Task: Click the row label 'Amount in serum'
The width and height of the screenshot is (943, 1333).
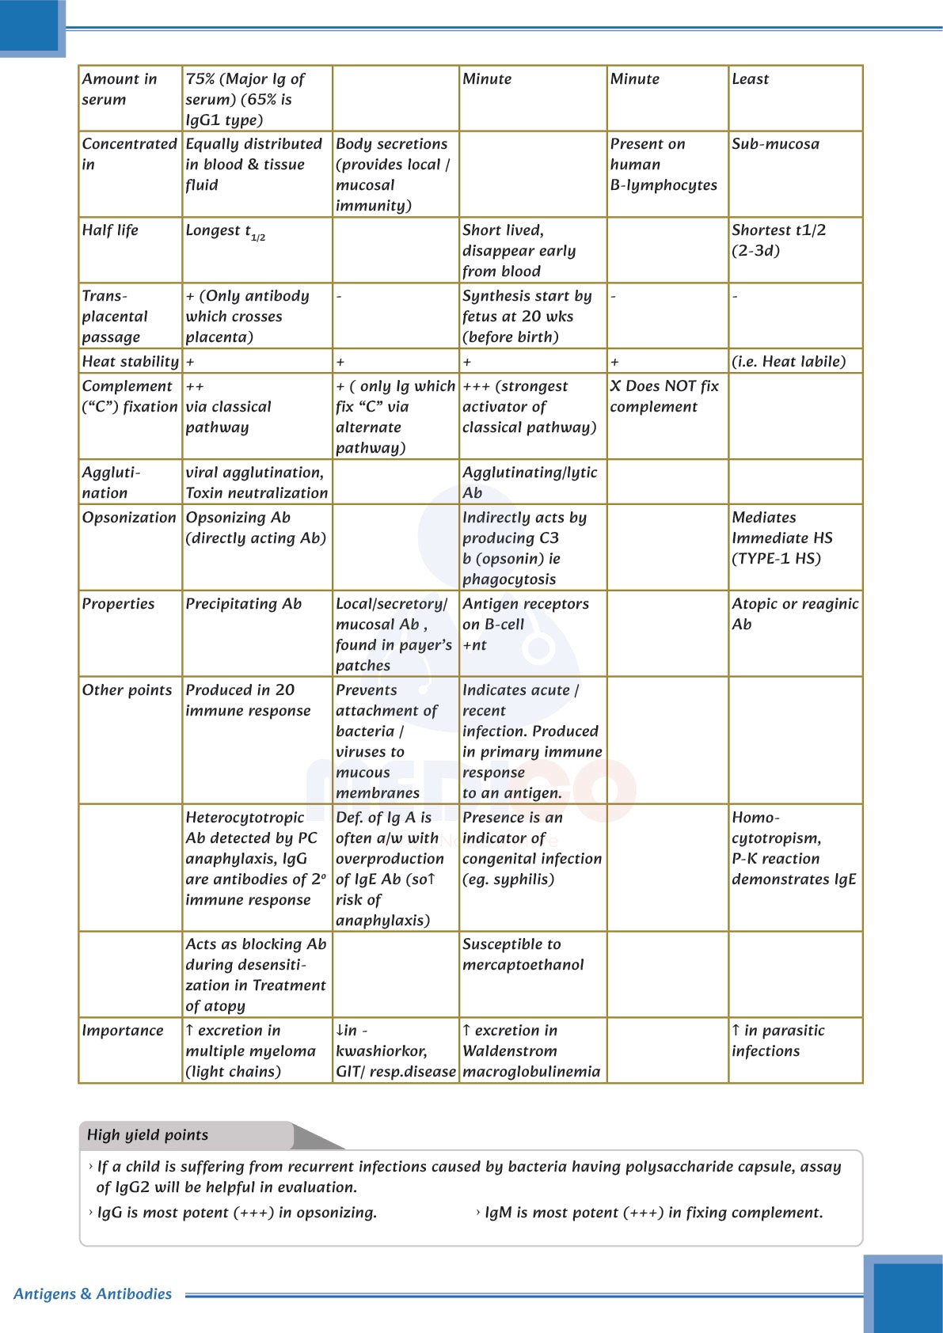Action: click(x=120, y=89)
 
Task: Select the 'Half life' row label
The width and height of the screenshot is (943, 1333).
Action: click(x=110, y=230)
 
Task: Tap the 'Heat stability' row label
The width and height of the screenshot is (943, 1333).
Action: click(x=131, y=362)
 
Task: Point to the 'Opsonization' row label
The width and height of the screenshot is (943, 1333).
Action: click(x=129, y=518)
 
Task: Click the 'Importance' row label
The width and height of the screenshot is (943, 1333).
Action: click(x=123, y=1031)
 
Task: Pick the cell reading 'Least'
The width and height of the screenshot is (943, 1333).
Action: click(x=750, y=79)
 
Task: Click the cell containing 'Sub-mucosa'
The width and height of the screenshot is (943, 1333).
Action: click(x=775, y=144)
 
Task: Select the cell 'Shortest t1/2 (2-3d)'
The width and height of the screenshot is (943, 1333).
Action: click(x=778, y=241)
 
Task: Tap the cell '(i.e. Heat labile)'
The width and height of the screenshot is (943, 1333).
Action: click(x=789, y=362)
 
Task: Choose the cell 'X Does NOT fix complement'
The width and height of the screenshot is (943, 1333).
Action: click(x=664, y=397)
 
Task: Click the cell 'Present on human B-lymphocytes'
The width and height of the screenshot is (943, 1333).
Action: click(x=664, y=165)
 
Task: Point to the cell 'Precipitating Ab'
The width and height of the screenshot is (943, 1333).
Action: click(x=244, y=604)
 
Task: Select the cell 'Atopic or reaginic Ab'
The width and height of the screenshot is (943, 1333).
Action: click(x=794, y=614)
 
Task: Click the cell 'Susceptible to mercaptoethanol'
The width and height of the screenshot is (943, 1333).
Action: click(x=523, y=955)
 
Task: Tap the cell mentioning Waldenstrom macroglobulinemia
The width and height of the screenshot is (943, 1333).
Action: click(x=531, y=1051)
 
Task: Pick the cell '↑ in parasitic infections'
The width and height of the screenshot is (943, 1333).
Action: click(x=778, y=1041)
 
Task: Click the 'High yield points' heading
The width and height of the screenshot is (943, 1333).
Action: click(x=147, y=1135)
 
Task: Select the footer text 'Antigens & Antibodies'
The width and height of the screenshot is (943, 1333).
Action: click(x=93, y=1294)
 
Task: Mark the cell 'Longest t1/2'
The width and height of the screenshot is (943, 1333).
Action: click(x=225, y=231)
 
